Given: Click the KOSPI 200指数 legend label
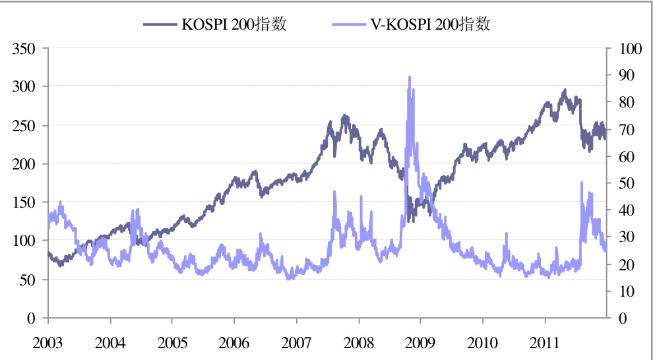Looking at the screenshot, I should click(x=234, y=24).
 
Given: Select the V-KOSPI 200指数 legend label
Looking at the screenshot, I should click(x=431, y=24).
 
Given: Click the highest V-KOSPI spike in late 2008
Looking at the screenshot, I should click(x=410, y=77).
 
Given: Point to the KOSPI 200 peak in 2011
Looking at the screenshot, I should click(x=564, y=90).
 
